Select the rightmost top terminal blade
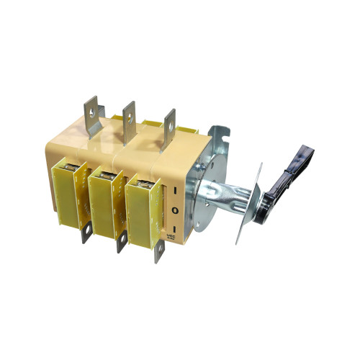pyautogui.click(x=168, y=126)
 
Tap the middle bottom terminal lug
pyautogui.click(x=120, y=242)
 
